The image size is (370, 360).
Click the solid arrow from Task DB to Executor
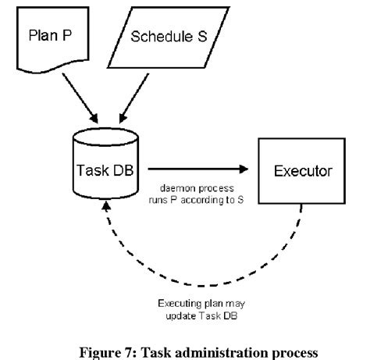click(x=195, y=167)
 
